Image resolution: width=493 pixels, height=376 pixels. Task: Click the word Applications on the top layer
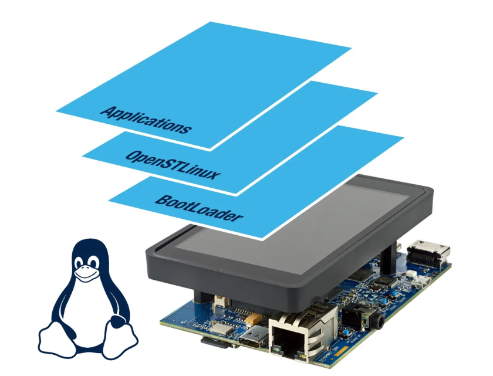(146, 120)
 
